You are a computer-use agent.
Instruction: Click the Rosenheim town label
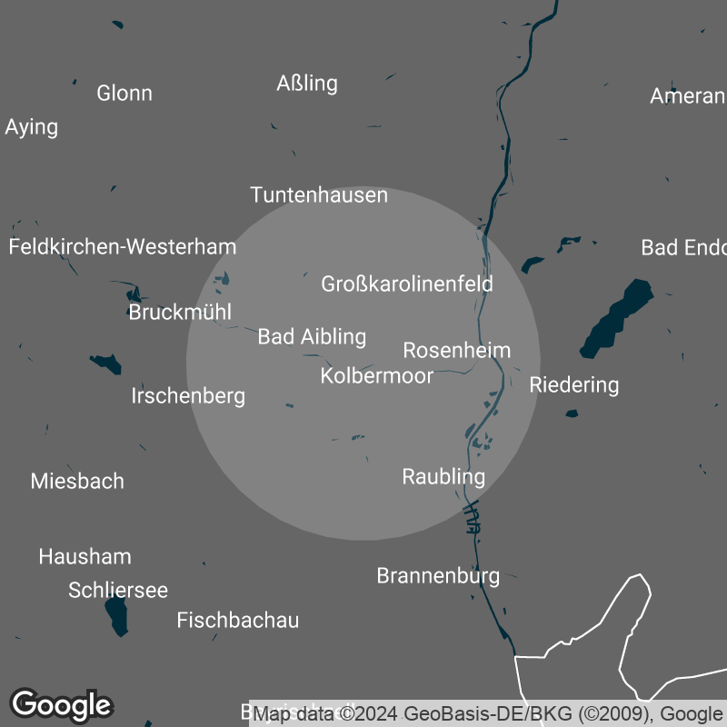click(x=457, y=350)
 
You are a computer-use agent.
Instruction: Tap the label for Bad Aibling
click(x=312, y=337)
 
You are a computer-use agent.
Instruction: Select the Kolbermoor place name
click(x=377, y=375)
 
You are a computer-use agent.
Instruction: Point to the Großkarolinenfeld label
click(x=407, y=284)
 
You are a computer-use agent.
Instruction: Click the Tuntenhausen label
click(x=319, y=195)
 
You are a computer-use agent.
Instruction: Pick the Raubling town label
click(x=443, y=476)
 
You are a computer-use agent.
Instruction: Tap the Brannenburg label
click(x=438, y=575)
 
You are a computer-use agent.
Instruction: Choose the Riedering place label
click(x=574, y=384)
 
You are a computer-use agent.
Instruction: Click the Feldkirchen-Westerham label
click(x=123, y=246)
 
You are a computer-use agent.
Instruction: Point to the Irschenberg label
click(x=188, y=396)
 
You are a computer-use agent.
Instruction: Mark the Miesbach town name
click(x=77, y=481)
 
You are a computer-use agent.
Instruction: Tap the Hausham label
click(x=85, y=556)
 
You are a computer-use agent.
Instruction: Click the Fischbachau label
click(x=237, y=621)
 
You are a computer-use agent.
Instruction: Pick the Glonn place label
click(x=124, y=93)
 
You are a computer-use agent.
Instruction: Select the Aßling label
click(x=307, y=84)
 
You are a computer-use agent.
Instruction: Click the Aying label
click(x=31, y=126)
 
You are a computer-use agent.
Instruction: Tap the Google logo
click(x=62, y=704)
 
